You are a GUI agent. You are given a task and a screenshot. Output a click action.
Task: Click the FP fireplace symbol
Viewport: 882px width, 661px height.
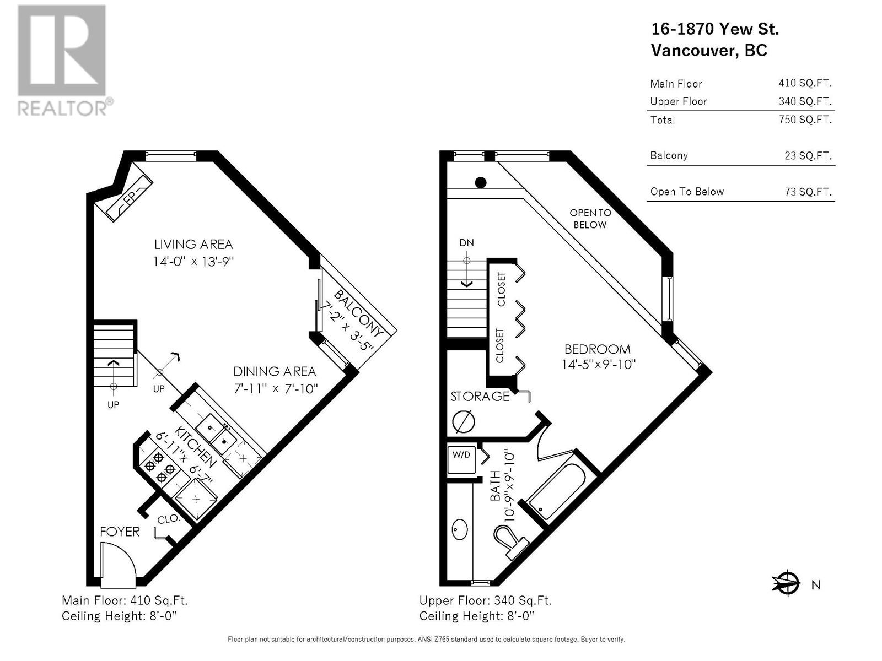pyautogui.click(x=130, y=198)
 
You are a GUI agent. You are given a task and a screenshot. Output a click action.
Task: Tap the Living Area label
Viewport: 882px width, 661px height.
pyautogui.click(x=193, y=244)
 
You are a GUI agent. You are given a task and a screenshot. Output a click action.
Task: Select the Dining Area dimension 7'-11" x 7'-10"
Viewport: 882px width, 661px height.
pyautogui.click(x=276, y=389)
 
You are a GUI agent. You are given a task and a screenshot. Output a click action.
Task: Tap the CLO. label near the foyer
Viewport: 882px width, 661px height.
pyautogui.click(x=168, y=520)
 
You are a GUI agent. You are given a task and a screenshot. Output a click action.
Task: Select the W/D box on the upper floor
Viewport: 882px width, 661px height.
pyautogui.click(x=461, y=459)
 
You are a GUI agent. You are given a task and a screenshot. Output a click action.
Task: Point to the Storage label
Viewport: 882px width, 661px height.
pyautogui.click(x=480, y=397)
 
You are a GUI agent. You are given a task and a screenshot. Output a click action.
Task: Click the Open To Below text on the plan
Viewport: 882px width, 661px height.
pyautogui.click(x=590, y=219)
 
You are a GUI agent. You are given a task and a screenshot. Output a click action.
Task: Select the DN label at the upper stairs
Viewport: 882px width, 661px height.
pyautogui.click(x=466, y=243)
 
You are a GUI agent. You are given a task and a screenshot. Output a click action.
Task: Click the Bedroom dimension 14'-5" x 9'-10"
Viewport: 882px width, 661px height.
pyautogui.click(x=599, y=365)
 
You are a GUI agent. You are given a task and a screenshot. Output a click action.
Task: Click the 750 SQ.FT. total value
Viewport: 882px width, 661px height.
pyautogui.click(x=805, y=120)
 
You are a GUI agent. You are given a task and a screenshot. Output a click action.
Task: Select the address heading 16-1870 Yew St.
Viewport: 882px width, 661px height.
pyautogui.click(x=715, y=29)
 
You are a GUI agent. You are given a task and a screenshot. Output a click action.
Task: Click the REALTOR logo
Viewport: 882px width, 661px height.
pyautogui.click(x=64, y=61)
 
